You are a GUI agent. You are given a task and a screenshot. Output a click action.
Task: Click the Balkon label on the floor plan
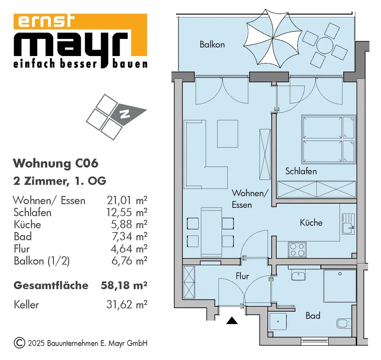[212, 45]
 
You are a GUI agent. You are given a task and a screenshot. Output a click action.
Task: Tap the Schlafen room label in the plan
[301, 171]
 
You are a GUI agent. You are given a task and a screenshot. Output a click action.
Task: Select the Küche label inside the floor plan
[311, 223]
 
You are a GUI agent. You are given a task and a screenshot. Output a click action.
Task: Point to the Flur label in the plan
[242, 276]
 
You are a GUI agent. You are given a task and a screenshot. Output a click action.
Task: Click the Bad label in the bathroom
[313, 316]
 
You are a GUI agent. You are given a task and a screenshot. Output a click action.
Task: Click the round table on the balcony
[322, 45]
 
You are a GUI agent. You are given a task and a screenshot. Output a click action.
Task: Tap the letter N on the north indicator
[126, 113]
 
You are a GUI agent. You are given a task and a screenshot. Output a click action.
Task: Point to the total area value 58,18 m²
[124, 285]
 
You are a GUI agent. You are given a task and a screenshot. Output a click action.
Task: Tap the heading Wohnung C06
[56, 164]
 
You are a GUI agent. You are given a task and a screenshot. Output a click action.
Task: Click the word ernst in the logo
[45, 22]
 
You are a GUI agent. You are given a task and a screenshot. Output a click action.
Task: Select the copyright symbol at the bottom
[19, 342]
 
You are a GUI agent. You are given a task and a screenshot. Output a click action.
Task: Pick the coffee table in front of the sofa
[227, 133]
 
